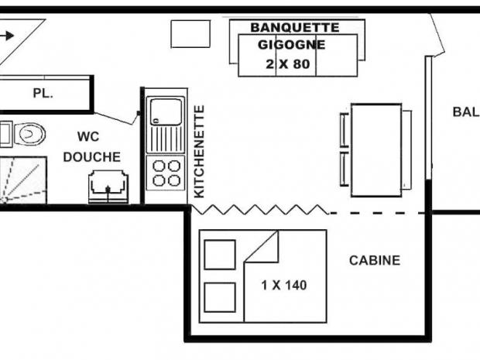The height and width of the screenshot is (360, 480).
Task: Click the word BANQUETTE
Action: (295, 28)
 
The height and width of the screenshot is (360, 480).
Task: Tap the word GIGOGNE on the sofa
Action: (291, 45)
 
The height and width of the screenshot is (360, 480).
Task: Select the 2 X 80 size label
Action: (288, 64)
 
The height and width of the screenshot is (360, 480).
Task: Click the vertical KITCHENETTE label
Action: (199, 152)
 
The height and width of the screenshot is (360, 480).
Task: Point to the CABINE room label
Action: (375, 260)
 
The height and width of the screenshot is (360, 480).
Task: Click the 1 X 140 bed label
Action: (284, 286)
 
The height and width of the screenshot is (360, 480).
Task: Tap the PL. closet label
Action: (43, 93)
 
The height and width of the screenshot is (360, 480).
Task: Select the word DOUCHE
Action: (91, 157)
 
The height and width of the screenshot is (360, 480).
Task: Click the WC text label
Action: (88, 136)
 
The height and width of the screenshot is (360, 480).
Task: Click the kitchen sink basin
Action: (166, 111)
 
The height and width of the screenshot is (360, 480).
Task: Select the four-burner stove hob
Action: (166, 173)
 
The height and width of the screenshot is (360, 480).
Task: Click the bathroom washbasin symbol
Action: (108, 187)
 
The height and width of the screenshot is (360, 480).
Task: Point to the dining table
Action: (376, 150)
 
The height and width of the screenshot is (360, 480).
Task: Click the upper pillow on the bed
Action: (220, 255)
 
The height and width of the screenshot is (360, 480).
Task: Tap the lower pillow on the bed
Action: (220, 297)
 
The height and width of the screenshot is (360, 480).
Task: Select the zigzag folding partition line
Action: (259, 210)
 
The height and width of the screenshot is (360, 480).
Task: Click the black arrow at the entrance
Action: (7, 36)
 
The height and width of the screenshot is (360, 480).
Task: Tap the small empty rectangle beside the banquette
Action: (190, 34)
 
